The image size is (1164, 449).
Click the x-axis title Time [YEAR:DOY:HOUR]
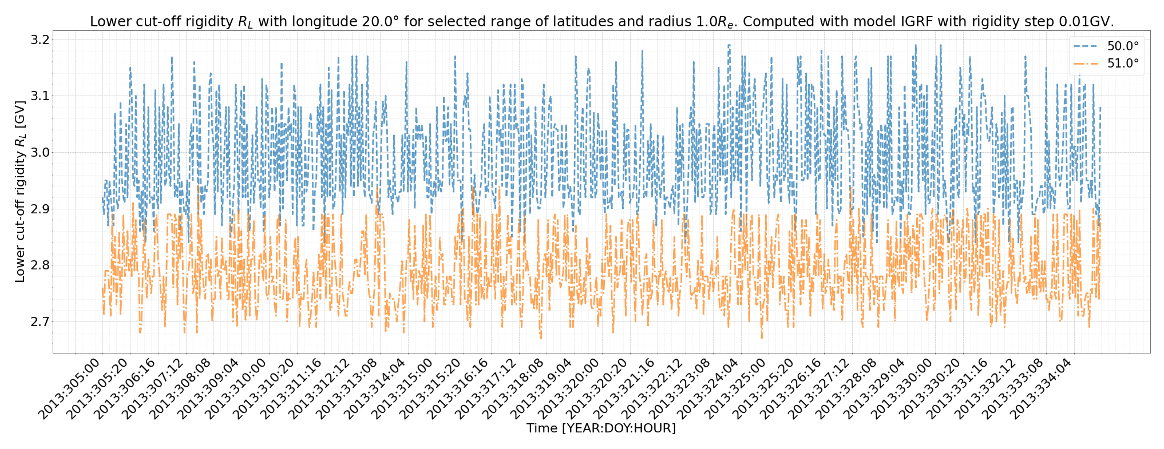coord(601,428)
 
